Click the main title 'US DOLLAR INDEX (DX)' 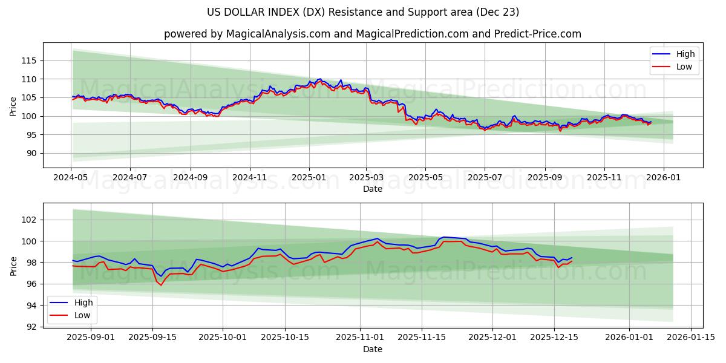363,12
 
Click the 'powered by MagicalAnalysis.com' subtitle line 372,34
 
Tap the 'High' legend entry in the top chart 685,54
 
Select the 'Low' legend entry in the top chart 684,67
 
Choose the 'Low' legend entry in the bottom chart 82,315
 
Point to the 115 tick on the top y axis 29,60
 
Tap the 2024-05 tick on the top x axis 71,178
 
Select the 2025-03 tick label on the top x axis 366,178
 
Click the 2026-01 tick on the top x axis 663,178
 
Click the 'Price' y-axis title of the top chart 13,107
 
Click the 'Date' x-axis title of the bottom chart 372,349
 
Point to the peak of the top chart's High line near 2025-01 319,79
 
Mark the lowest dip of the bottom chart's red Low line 161,285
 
